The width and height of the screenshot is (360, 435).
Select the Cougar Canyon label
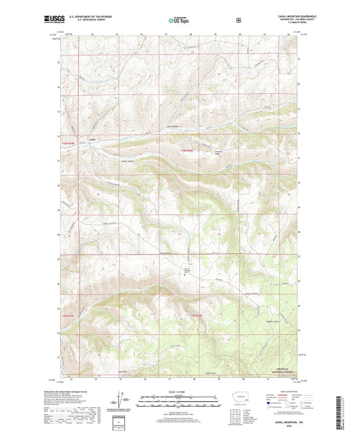(x=128, y=160)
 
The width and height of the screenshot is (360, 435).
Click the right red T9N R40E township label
(x=196, y=316)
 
